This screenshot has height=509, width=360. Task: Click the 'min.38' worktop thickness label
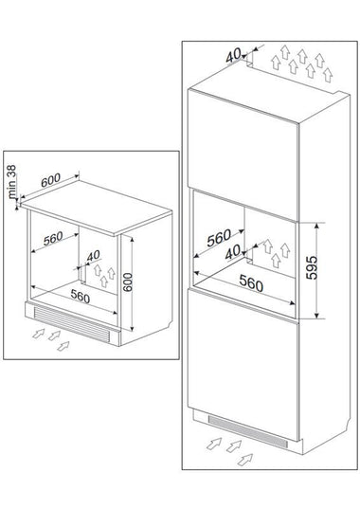[11, 181]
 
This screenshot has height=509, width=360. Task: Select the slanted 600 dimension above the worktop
[50, 180]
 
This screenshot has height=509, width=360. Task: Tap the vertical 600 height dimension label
[128, 282]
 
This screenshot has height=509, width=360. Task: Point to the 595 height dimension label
[312, 267]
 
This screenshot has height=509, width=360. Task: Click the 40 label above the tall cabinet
[233, 55]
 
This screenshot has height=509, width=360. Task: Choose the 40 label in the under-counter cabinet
[94, 256]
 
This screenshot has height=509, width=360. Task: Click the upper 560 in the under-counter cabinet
[53, 239]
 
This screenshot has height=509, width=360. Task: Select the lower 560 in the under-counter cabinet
[81, 296]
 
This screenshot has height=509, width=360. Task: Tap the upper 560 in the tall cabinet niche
[219, 238]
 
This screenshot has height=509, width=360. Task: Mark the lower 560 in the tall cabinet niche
[251, 283]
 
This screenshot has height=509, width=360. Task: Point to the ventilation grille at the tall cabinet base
[248, 430]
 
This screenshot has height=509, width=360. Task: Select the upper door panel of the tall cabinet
[243, 155]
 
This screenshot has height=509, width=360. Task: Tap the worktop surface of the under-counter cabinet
[97, 208]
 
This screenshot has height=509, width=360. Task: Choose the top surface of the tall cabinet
[269, 93]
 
